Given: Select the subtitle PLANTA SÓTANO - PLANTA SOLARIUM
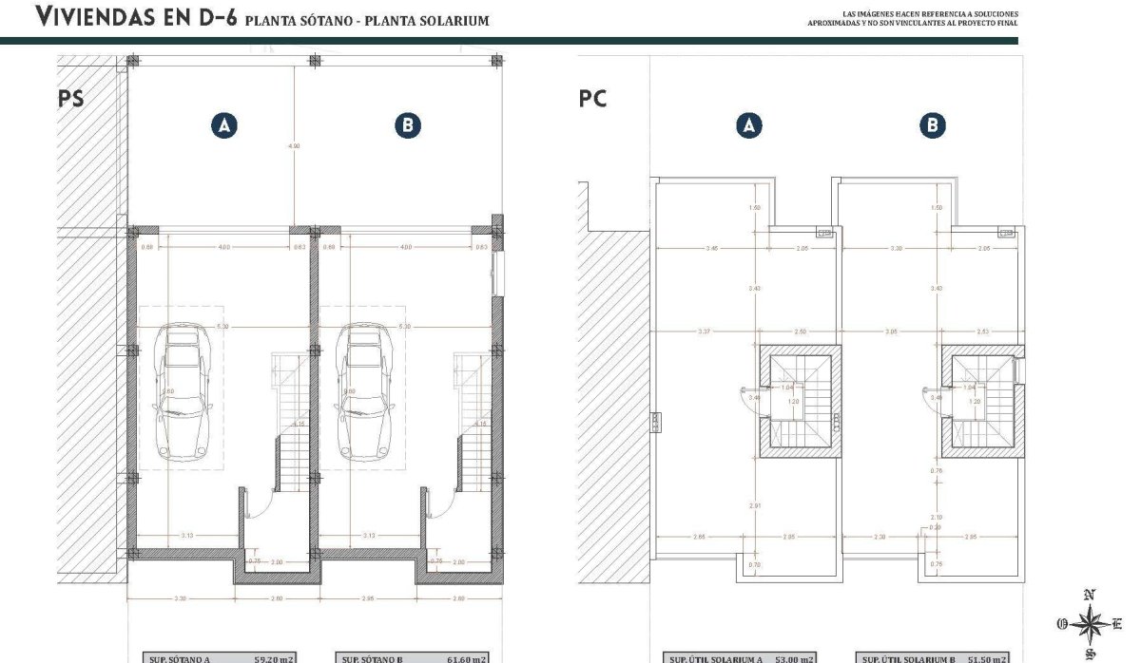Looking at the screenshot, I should (x=367, y=20).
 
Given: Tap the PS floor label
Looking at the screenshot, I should (x=71, y=100).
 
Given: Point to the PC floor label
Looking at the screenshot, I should (x=592, y=99).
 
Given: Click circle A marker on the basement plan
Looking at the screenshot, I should (x=224, y=125).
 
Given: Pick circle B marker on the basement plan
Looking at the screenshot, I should (x=408, y=125).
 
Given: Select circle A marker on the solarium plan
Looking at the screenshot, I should (x=749, y=125).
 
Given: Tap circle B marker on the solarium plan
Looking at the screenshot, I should (x=934, y=125).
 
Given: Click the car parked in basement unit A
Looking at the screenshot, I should (x=182, y=390).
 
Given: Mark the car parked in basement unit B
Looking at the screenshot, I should (x=364, y=390).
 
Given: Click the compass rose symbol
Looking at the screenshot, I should (x=1092, y=623).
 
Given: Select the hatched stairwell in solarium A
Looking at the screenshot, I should (x=800, y=400).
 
